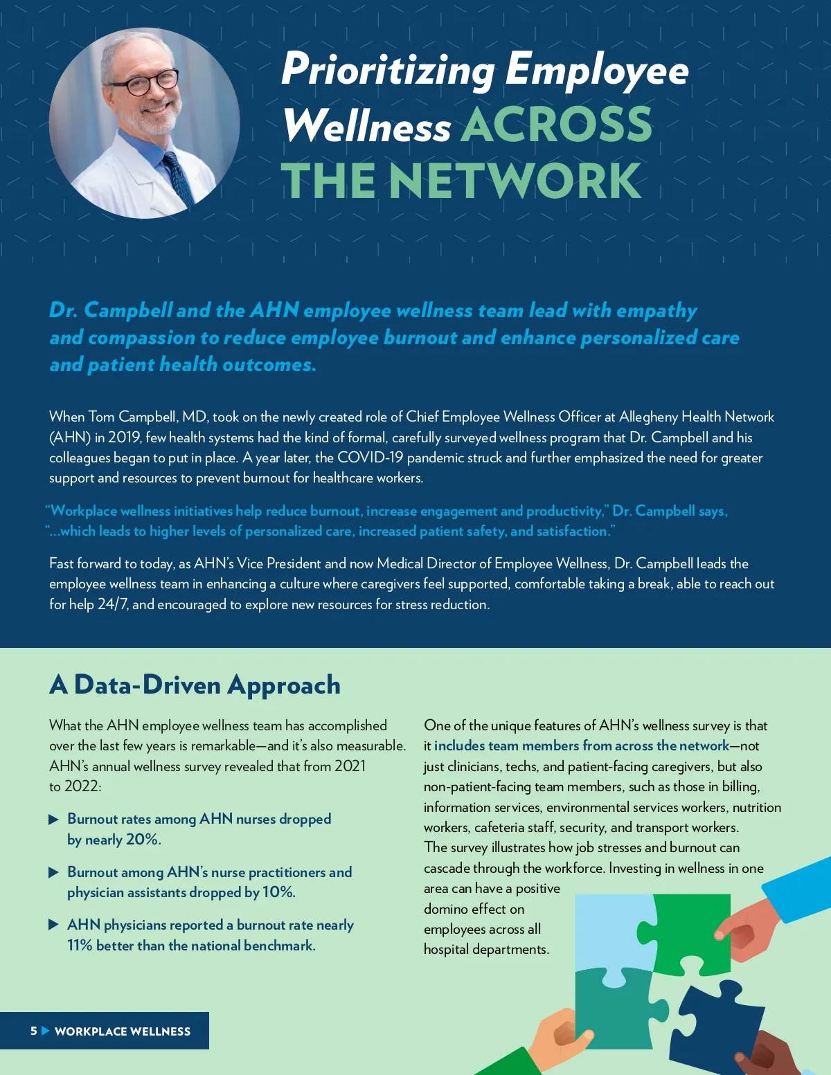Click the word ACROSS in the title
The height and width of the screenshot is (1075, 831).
[556, 125]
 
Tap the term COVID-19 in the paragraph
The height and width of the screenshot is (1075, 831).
[370, 458]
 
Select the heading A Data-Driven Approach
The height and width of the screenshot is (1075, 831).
[195, 685]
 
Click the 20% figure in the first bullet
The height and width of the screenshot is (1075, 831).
[143, 839]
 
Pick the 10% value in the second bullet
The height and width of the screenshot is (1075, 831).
[278, 892]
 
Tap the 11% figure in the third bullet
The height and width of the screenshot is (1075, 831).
[80, 946]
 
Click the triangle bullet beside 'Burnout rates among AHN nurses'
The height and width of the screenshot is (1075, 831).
[53, 820]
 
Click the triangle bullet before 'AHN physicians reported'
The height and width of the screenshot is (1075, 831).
[53, 925]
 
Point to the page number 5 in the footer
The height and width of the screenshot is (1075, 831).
[33, 1031]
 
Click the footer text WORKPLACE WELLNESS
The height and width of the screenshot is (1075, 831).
[123, 1031]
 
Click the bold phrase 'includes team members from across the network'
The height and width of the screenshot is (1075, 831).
[582, 746]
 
